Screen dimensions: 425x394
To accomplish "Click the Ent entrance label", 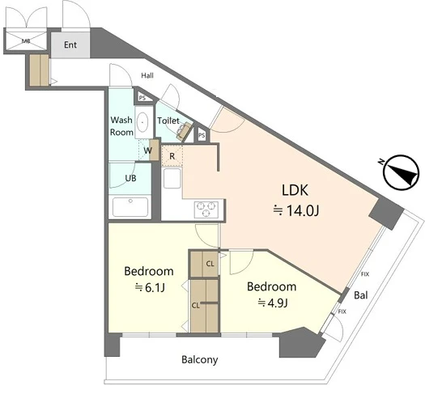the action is pos(70,44).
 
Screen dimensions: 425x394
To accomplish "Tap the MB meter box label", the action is pos(26,41).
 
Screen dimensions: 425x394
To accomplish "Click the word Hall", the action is pos(147,75).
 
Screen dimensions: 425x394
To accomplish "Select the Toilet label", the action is pos(168,121).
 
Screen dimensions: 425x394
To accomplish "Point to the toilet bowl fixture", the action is pos(184,130).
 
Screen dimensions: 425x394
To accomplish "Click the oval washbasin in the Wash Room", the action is pos(142,122).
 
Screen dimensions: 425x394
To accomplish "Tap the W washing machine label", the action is pos(147,150).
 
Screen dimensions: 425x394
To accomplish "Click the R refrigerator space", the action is pos(172,156).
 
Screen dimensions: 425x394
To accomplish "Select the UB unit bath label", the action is pos(130,178).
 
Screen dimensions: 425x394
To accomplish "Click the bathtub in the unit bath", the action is pos(130,207).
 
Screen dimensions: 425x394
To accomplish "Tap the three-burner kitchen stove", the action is pos(206,210).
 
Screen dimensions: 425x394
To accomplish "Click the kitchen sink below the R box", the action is pos(172,178).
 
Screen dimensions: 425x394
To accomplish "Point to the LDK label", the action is pos(295,190).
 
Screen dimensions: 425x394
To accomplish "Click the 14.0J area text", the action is pos(296,210).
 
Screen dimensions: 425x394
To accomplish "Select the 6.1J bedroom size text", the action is pos(150,288).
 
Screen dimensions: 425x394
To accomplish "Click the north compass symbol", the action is pos(402,172).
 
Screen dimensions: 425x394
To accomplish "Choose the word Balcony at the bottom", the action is pos(200,360).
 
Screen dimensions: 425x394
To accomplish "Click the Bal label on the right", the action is pos(361,294).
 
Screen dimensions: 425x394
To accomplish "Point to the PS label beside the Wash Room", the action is pos(142,98).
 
